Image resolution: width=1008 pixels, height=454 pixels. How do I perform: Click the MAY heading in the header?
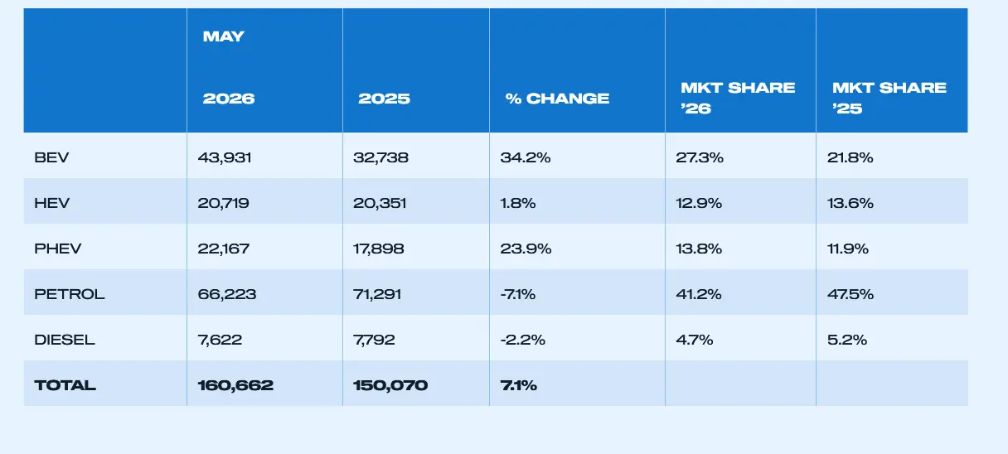click(224, 36)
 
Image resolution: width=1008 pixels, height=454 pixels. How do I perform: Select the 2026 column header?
click(229, 99)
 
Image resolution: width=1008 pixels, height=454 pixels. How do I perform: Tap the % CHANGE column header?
click(557, 99)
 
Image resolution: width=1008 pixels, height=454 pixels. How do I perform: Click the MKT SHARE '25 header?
click(889, 98)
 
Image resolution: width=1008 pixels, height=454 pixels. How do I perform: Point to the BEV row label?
click(51, 157)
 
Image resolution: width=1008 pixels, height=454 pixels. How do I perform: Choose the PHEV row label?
click(57, 249)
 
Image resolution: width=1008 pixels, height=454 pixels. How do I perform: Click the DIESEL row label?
click(65, 340)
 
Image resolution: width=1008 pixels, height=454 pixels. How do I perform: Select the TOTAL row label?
click(65, 385)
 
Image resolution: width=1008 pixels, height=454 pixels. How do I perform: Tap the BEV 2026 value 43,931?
click(225, 157)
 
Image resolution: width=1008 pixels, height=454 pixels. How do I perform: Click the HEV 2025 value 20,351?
click(380, 203)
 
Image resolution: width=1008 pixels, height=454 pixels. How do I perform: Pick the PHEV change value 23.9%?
click(526, 249)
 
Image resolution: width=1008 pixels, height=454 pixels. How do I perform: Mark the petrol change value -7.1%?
click(518, 294)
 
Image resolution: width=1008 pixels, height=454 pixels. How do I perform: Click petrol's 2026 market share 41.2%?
click(699, 294)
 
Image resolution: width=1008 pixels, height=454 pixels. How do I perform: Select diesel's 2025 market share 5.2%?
click(847, 340)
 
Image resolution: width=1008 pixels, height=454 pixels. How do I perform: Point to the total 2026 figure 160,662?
click(235, 385)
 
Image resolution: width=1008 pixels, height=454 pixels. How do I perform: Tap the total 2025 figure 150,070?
click(390, 385)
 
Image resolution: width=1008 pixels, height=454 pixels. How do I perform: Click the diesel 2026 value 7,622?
click(220, 340)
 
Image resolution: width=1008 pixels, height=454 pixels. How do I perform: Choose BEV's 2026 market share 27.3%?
click(700, 157)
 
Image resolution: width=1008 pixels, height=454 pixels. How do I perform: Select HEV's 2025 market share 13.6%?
click(850, 203)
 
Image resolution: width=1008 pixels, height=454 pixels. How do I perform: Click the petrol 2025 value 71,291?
click(377, 294)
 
